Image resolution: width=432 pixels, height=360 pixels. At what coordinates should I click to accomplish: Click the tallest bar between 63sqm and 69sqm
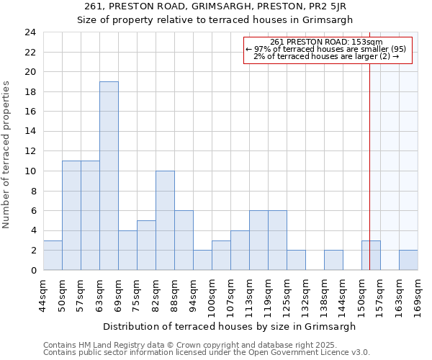click(x=109, y=176)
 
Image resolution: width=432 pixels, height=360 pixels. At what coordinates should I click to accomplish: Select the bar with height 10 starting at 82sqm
click(x=165, y=220)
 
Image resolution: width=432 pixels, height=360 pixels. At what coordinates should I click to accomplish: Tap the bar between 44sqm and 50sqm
click(x=53, y=255)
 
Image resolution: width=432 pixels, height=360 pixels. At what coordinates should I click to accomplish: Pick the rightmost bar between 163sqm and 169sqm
click(x=408, y=260)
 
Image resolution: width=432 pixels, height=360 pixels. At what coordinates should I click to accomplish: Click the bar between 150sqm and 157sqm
click(x=371, y=255)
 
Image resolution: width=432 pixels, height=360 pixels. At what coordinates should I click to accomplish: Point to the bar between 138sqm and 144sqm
click(x=333, y=260)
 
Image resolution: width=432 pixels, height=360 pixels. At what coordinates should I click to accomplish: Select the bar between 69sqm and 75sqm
click(x=127, y=250)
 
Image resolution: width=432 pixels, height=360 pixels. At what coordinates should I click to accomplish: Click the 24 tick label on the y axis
click(x=30, y=32)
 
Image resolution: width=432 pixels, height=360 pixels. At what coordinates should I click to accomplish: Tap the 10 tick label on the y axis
click(x=30, y=171)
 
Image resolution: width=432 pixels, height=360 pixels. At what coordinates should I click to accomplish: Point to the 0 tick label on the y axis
click(x=33, y=270)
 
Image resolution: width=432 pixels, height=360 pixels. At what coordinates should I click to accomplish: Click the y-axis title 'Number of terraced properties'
click(x=7, y=155)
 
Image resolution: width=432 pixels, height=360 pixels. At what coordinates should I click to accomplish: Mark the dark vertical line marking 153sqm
click(x=370, y=144)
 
